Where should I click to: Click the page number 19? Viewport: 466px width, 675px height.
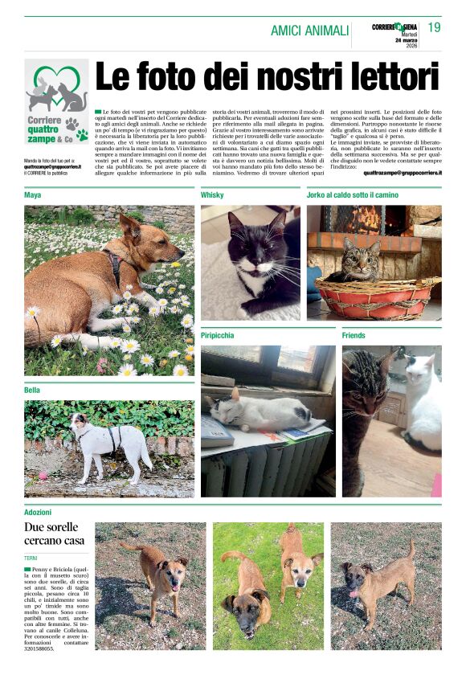pyautogui.click(x=434, y=28)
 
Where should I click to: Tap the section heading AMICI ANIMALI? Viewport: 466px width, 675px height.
pyautogui.click(x=309, y=31)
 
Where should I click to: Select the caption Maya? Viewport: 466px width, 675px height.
pyautogui.click(x=33, y=195)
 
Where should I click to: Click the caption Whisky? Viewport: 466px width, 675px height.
pyautogui.click(x=212, y=195)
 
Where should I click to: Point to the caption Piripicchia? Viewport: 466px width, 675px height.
pyautogui.click(x=218, y=335)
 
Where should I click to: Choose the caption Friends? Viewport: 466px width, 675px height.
pyautogui.click(x=354, y=335)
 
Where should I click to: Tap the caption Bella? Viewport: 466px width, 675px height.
pyautogui.click(x=33, y=390)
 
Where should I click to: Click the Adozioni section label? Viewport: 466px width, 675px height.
pyautogui.click(x=39, y=511)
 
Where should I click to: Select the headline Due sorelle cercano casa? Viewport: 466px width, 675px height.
pyautogui.click(x=55, y=534)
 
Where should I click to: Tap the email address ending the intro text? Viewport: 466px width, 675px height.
pyautogui.click(x=402, y=172)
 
